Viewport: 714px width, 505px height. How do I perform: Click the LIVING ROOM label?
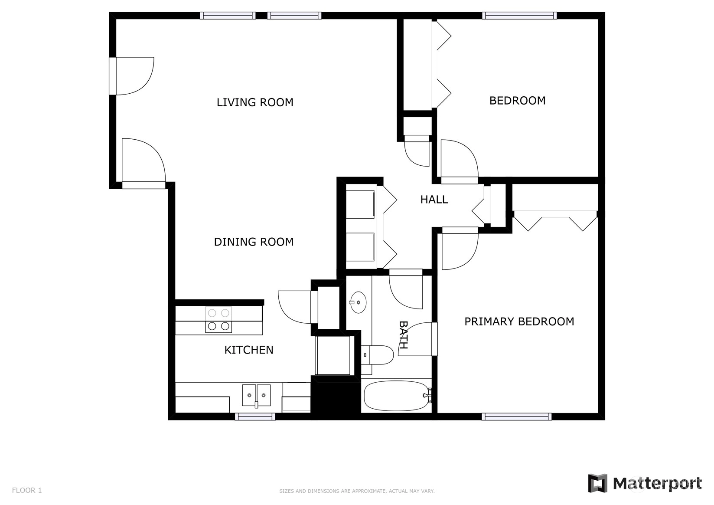(254, 102)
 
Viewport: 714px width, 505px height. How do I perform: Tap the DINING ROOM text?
(254, 242)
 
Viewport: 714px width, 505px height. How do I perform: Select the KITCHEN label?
(249, 350)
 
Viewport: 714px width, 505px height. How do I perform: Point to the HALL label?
(434, 200)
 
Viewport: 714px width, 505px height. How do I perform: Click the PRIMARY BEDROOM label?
(519, 321)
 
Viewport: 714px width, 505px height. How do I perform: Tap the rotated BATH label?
(403, 334)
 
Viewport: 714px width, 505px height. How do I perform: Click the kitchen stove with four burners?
(218, 320)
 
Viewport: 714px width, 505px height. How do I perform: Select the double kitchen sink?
(256, 396)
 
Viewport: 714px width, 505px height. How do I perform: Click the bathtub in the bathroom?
(397, 396)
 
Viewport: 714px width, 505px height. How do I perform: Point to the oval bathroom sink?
(358, 302)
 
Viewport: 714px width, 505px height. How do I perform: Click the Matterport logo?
(645, 484)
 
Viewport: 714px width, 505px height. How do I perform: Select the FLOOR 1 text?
(27, 490)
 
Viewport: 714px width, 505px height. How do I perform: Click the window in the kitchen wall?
(255, 416)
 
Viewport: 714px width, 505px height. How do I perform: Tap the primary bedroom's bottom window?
(516, 416)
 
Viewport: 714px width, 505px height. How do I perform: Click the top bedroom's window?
(519, 16)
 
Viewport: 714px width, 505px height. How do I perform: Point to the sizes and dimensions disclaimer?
(357, 491)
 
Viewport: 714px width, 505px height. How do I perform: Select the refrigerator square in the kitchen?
(333, 355)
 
